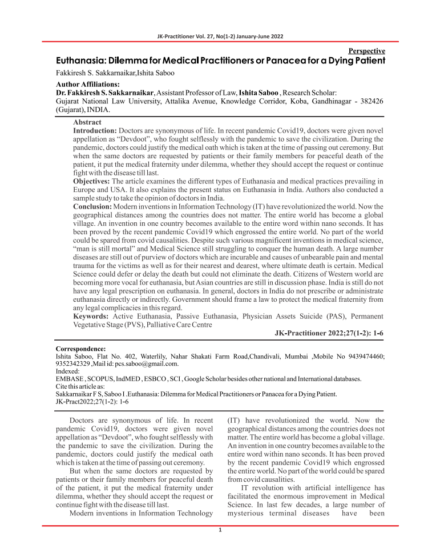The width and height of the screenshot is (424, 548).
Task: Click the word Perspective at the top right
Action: pos(366,51)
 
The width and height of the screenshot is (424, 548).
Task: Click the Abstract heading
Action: pos(87,122)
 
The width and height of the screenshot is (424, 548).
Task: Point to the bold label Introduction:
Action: pos(95,131)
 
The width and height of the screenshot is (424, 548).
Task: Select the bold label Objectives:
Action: pos(92,180)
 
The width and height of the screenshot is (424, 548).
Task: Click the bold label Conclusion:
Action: pos(93,205)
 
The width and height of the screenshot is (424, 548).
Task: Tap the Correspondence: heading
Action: pos(80,349)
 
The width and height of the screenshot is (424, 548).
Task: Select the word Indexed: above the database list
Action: pos(68,371)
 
